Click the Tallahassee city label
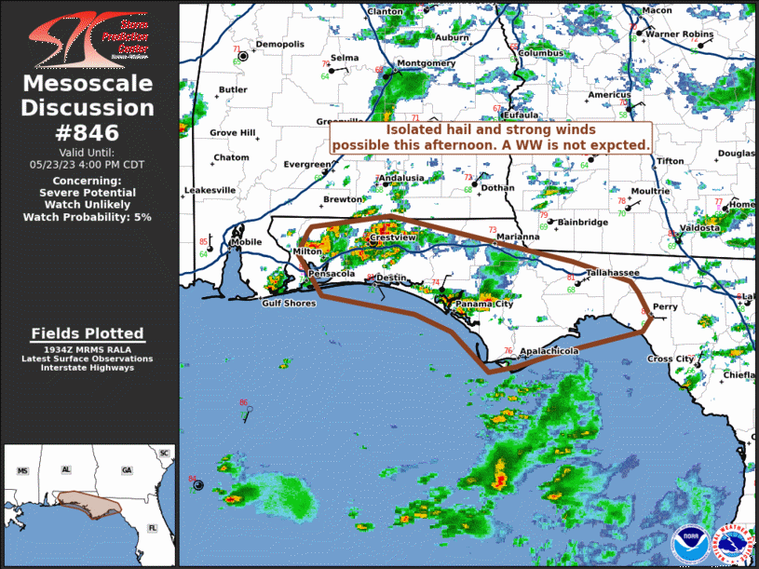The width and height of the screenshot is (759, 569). click(612, 273)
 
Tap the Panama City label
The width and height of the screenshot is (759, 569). click(484, 305)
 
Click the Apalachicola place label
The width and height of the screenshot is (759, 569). click(549, 351)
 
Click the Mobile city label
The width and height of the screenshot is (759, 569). click(247, 242)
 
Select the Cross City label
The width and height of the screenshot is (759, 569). click(671, 359)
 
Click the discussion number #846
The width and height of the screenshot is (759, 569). click(87, 131)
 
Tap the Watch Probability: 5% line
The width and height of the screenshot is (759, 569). click(87, 217)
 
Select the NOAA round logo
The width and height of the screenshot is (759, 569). click(688, 541)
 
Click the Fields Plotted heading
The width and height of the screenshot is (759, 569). click(87, 333)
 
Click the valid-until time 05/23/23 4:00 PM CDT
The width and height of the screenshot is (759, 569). click(87, 163)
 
